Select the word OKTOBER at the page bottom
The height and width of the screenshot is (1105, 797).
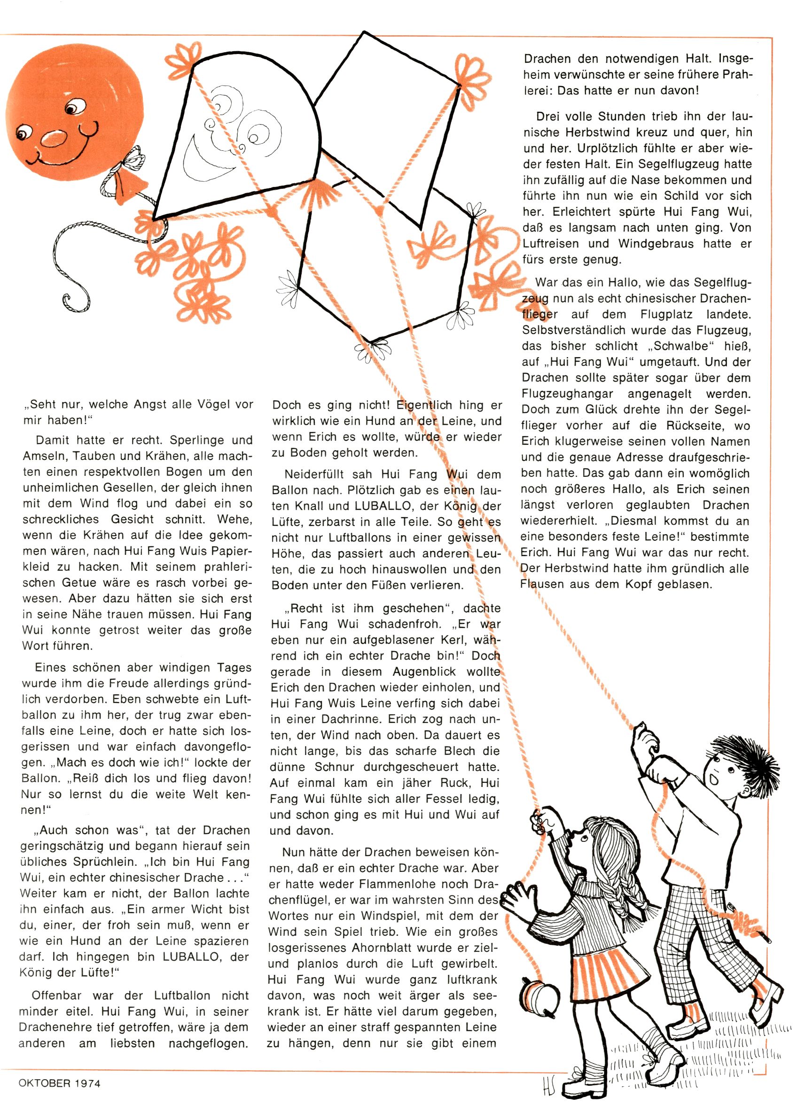[x=45, y=1083]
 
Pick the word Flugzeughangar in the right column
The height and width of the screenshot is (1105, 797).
[x=567, y=394]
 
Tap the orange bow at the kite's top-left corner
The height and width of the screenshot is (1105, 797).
[x=182, y=57]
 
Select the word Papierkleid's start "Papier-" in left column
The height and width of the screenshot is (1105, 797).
[x=230, y=551]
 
